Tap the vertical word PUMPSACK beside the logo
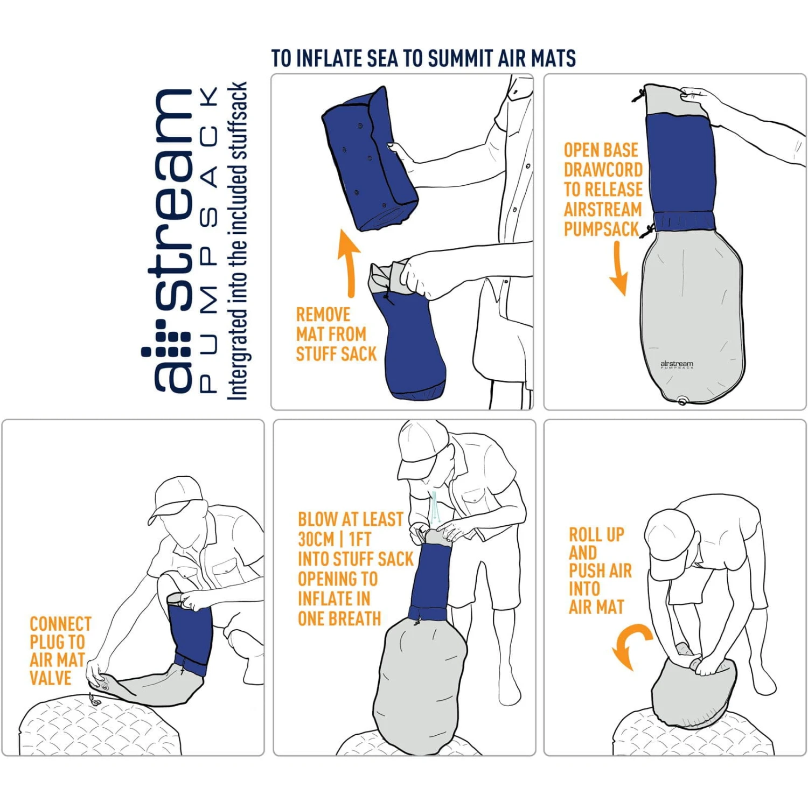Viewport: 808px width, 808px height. (209, 240)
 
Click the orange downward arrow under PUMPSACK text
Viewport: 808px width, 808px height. (619, 269)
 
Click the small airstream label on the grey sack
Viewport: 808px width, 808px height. (677, 365)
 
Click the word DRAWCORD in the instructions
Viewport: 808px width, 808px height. (603, 170)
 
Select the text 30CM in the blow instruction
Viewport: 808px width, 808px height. (317, 539)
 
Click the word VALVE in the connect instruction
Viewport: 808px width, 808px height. (50, 678)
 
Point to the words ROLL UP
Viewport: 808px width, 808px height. (596, 535)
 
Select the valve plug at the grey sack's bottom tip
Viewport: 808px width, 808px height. (682, 401)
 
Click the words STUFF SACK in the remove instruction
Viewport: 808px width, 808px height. (336, 354)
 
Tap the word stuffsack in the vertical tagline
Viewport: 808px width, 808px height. (237, 121)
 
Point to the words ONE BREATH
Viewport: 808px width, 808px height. (339, 619)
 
